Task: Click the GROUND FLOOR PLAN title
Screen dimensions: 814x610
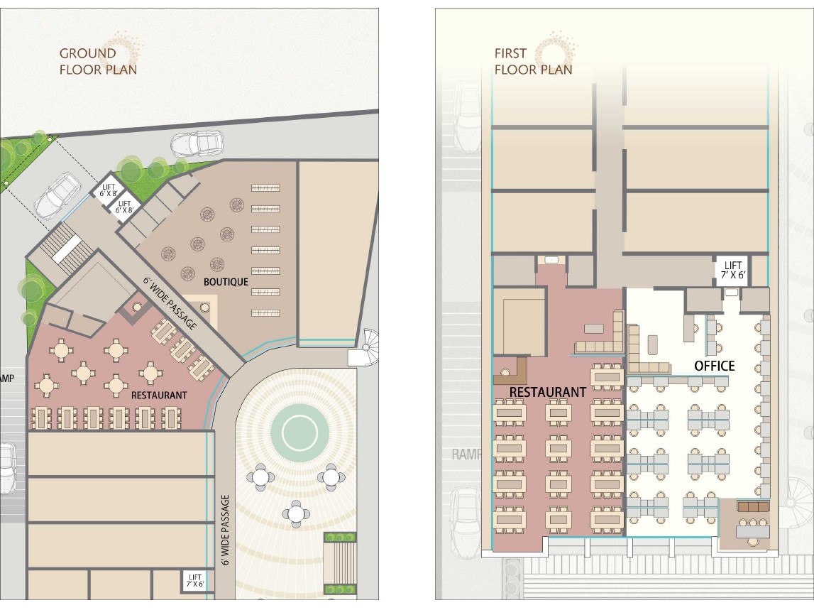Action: [98, 61]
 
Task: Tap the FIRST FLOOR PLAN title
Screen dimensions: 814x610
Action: [533, 61]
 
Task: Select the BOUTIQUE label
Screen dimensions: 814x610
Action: [226, 282]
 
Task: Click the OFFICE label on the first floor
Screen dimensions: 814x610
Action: [715, 366]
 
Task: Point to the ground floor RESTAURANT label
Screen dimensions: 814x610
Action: [159, 396]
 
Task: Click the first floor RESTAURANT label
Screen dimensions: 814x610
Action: [548, 392]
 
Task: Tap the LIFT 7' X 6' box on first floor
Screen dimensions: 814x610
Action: [733, 270]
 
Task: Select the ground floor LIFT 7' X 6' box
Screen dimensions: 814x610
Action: [195, 581]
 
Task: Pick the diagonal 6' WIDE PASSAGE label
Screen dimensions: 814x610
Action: [171, 303]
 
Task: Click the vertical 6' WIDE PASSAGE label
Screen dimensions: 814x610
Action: [225, 530]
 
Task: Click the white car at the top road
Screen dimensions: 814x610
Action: [197, 143]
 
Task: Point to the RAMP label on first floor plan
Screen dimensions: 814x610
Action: [466, 454]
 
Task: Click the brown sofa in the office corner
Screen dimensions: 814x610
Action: [753, 506]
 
